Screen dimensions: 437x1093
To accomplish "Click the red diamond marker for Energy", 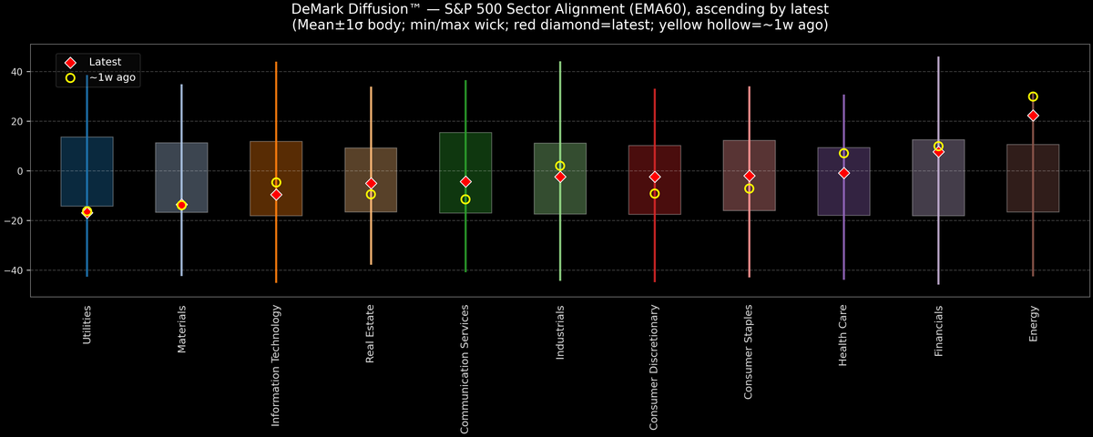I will click(1033, 116).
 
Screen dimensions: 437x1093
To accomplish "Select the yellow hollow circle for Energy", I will click(1033, 97).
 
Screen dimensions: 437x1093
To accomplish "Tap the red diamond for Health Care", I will click(843, 173).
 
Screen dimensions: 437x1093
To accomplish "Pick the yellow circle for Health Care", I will click(843, 154).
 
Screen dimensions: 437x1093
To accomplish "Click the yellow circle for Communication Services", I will click(465, 199).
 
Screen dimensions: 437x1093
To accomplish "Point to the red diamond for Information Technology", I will click(276, 195).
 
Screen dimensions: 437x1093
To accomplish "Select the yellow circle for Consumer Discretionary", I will click(654, 194).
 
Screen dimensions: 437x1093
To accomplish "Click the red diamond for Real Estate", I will click(371, 183).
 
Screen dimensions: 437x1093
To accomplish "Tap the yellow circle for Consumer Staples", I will click(749, 188).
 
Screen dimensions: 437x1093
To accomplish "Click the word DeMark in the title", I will click(320, 9).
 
